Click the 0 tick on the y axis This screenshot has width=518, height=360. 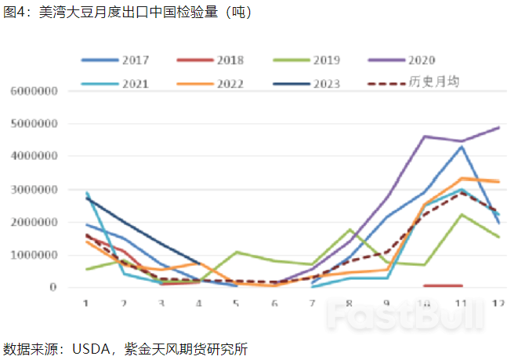pyautogui.click(x=53, y=287)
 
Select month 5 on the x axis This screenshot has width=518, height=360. pyautogui.click(x=237, y=304)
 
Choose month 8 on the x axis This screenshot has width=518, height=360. pyautogui.click(x=350, y=304)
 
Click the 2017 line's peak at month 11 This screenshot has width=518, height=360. pyautogui.click(x=462, y=147)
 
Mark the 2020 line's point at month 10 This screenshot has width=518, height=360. pyautogui.click(x=425, y=136)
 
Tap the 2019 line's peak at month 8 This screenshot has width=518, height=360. pyautogui.click(x=350, y=230)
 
